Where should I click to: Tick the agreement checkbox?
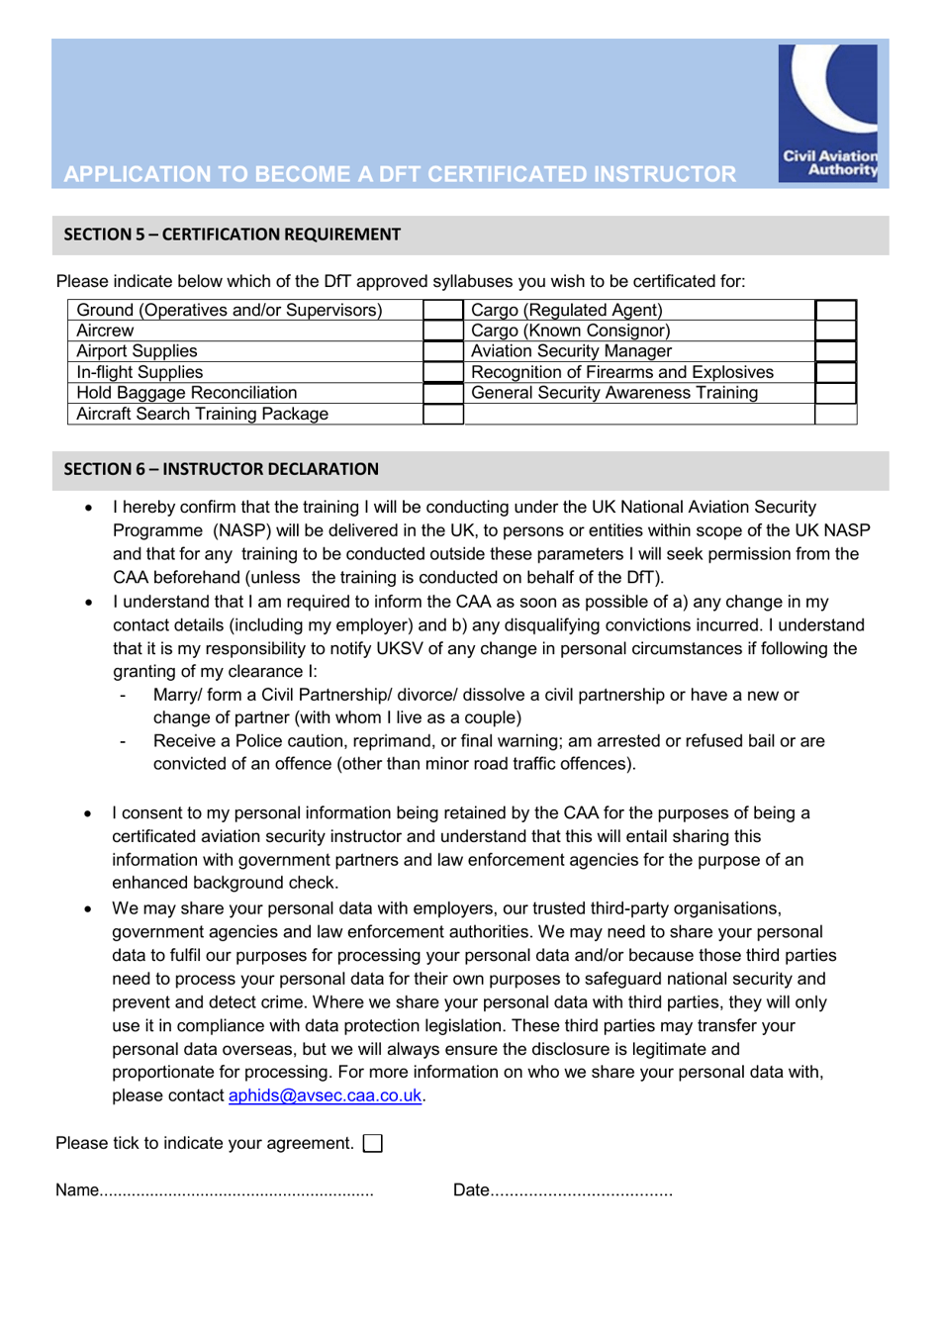point(373,1144)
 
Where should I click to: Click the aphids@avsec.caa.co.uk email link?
point(325,1095)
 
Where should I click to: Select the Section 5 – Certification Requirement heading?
point(233,235)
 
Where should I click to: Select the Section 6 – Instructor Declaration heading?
point(222,469)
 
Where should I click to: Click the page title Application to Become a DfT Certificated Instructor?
point(400,174)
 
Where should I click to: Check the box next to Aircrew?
point(443,331)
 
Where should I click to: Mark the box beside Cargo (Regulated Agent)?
point(835,310)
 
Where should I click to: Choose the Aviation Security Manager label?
point(571,351)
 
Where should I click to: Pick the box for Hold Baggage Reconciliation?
point(443,393)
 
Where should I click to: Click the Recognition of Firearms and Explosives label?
point(622,372)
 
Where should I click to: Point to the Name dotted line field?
point(236,1190)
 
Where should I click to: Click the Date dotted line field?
point(581,1190)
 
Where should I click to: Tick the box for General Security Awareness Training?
point(835,393)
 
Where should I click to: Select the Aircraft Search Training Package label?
point(202,414)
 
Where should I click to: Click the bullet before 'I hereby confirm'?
point(89,508)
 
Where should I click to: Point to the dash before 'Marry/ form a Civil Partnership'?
point(123,696)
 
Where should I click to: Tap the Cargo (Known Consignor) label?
point(570,331)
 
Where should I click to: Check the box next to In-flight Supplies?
point(443,372)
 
